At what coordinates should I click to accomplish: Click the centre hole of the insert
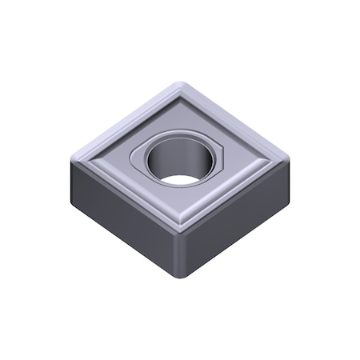point(181,155)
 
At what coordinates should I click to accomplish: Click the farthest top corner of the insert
point(180,84)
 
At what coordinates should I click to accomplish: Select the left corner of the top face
point(74,157)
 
